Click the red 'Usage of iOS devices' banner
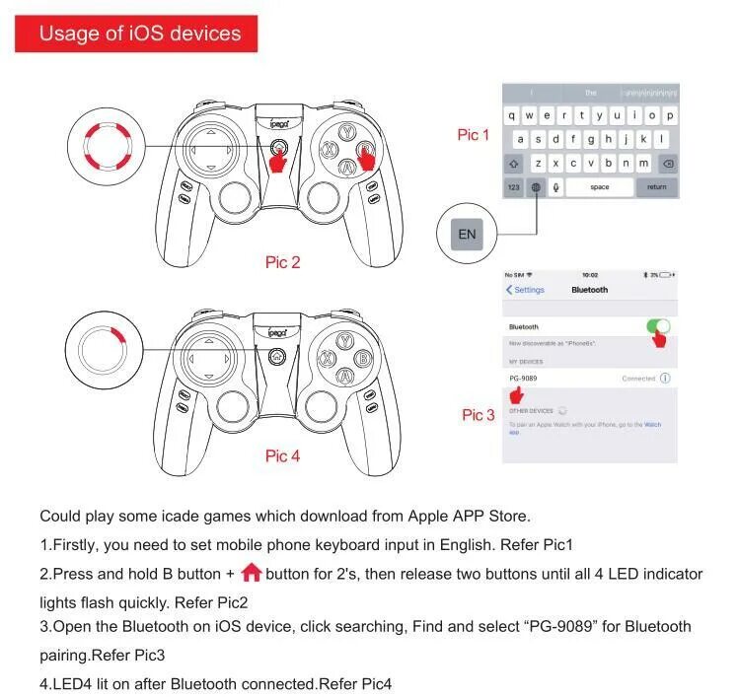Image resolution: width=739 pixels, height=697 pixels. [139, 34]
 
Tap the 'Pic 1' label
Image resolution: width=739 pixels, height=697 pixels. [473, 135]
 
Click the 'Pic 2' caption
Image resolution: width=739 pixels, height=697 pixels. [282, 262]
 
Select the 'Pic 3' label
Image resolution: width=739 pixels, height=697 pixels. [479, 415]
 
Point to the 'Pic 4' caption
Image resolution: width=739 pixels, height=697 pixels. [282, 455]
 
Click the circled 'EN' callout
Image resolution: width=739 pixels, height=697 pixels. [467, 234]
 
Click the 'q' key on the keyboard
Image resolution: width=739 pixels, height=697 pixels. [513, 115]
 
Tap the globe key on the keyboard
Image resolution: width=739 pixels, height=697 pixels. [536, 186]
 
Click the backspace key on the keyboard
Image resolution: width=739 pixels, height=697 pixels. [668, 163]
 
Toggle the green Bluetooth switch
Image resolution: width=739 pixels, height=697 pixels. [657, 326]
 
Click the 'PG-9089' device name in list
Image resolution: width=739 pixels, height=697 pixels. [523, 378]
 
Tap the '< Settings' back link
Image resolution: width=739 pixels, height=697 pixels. [525, 290]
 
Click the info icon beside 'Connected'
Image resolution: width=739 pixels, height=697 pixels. [665, 378]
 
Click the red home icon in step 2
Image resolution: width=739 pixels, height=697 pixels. [251, 573]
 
